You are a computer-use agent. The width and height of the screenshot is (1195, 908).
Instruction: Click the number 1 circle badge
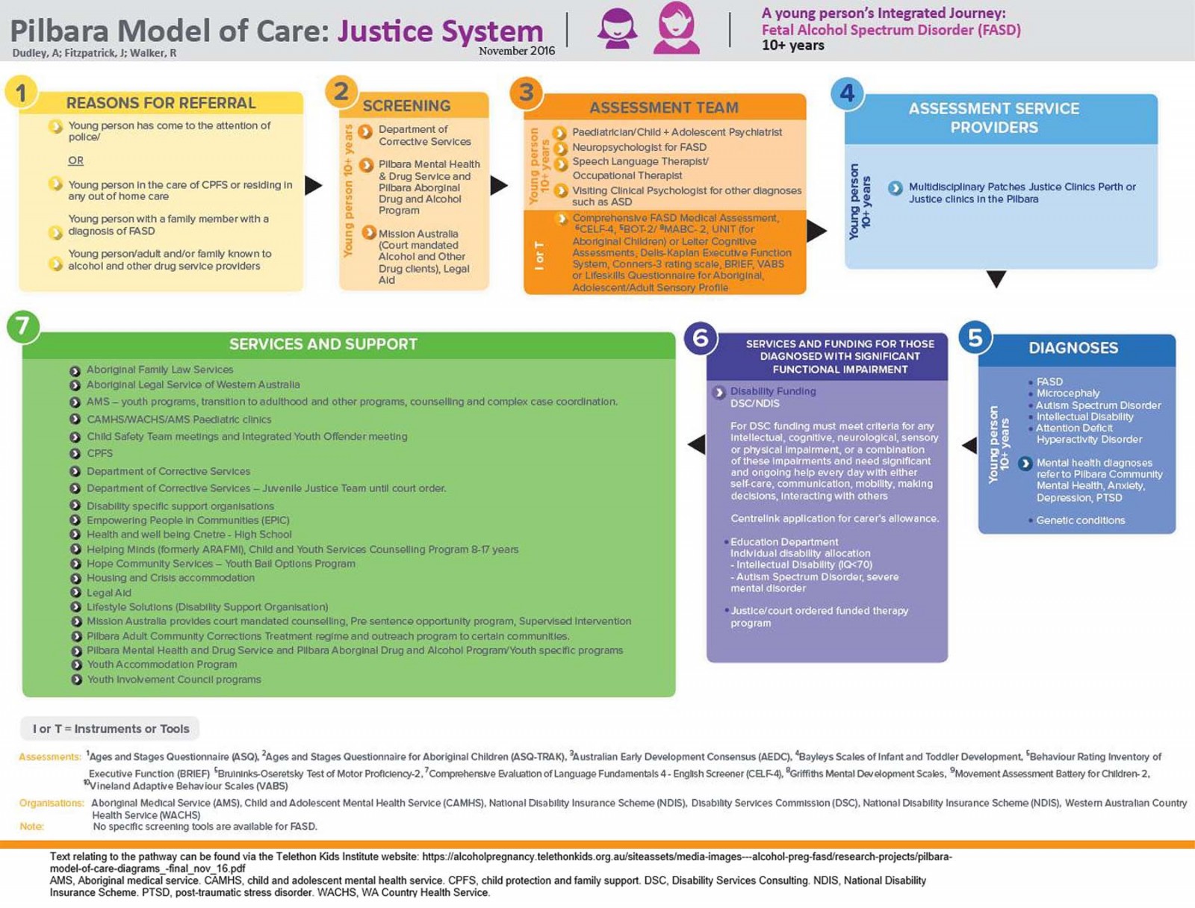pos(21,93)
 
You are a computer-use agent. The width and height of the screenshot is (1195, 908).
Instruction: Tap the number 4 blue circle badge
pos(847,93)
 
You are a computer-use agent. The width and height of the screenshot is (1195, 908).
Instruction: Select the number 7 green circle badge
pos(23,326)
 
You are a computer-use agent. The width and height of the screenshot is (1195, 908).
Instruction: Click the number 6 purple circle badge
pos(701,338)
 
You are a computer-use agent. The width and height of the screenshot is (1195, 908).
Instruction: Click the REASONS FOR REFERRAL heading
pos(161,103)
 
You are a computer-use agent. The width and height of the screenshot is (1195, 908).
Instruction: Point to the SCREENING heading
pos(406,105)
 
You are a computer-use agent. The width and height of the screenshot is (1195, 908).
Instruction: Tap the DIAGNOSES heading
pos(1073,348)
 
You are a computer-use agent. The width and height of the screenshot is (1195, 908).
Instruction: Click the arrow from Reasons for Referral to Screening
pos(314,185)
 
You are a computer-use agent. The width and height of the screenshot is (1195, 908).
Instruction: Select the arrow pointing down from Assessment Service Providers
pos(996,279)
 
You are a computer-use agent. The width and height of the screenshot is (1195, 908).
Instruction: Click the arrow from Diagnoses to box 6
pos(969,445)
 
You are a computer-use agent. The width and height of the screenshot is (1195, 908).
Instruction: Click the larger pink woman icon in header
pos(677,28)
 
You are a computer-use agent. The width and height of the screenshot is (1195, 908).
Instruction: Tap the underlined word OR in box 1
pos(75,161)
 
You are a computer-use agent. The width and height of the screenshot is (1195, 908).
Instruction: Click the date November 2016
pos(517,51)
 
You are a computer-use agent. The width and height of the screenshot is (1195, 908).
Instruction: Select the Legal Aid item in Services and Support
pos(109,592)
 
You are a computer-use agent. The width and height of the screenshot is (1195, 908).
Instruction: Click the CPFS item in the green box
pos(100,453)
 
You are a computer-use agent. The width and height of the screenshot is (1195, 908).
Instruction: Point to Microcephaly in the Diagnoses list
pos(1068,394)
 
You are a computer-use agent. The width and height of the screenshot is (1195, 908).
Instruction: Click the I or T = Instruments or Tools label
pos(111,729)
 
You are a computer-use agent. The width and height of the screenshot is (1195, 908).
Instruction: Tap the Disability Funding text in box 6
pos(773,391)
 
